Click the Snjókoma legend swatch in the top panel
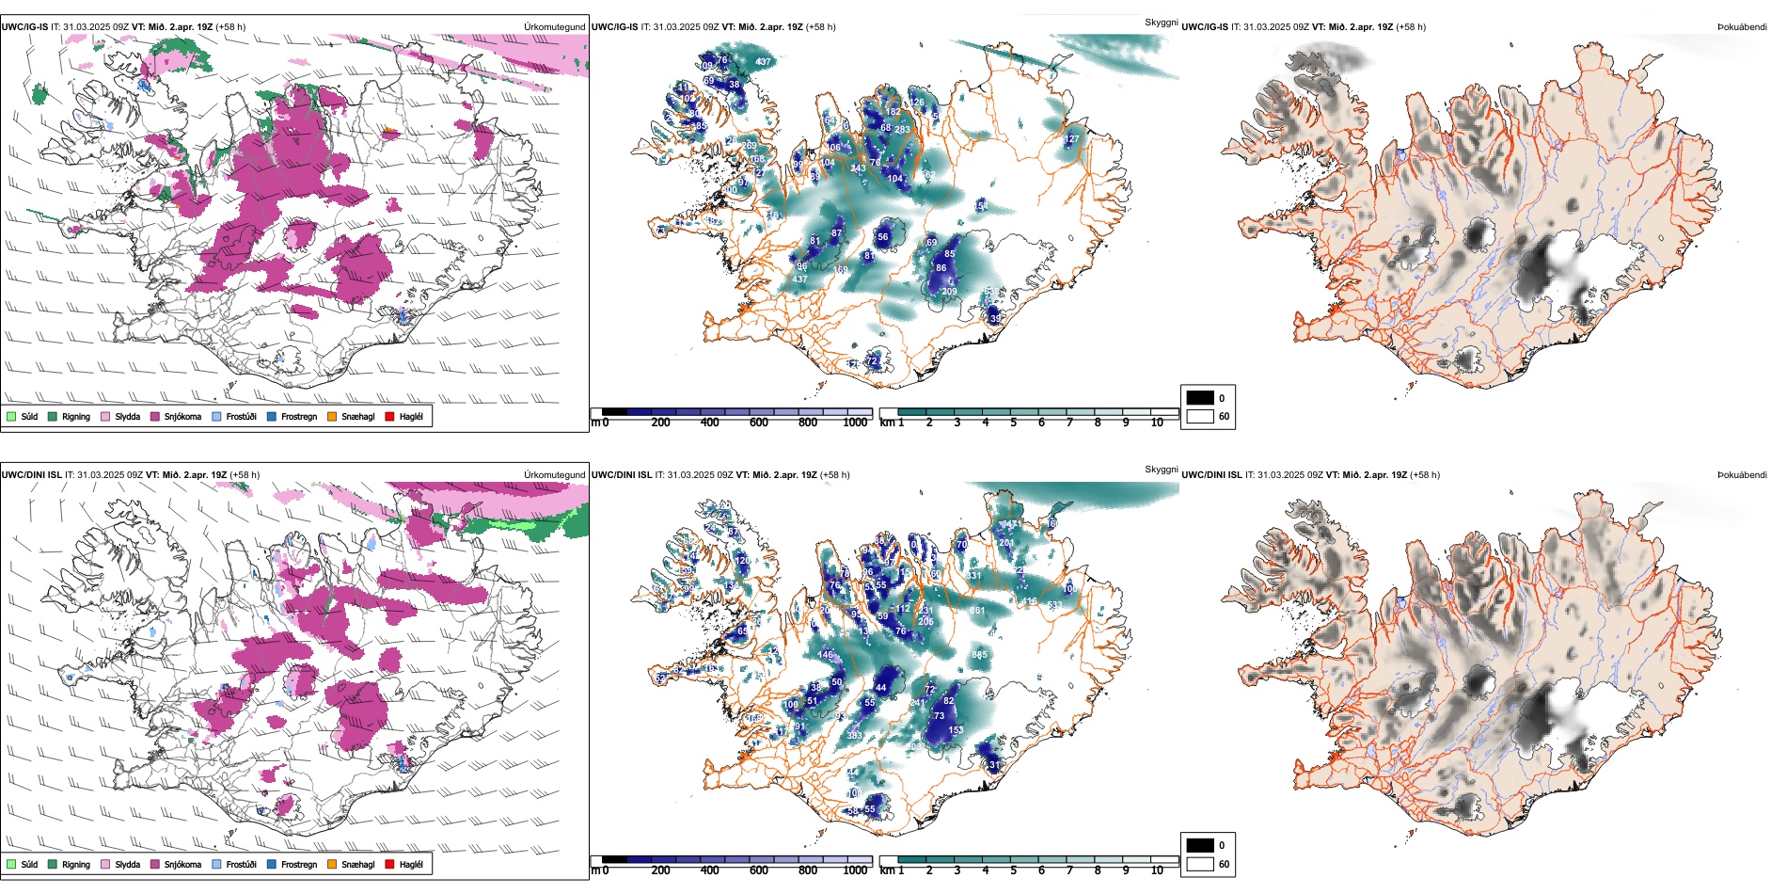point(154,416)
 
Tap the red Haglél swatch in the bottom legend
point(389,864)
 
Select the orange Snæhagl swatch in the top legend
point(332,416)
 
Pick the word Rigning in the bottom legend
point(76,864)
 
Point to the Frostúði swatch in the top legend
point(216,416)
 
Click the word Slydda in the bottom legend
point(127,864)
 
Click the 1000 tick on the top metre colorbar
point(855,423)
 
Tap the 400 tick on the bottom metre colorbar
point(709,870)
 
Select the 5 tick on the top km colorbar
point(1013,423)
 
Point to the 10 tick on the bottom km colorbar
point(1157,870)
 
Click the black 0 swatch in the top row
point(1200,398)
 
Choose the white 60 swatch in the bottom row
point(1200,864)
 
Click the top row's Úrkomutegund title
point(554,27)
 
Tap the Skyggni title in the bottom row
point(1161,469)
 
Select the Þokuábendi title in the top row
point(1742,27)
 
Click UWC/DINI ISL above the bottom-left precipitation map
point(31,475)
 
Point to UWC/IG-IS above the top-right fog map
point(1204,27)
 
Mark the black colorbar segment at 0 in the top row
point(614,412)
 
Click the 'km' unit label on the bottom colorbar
point(887,870)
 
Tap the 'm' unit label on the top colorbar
point(594,423)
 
